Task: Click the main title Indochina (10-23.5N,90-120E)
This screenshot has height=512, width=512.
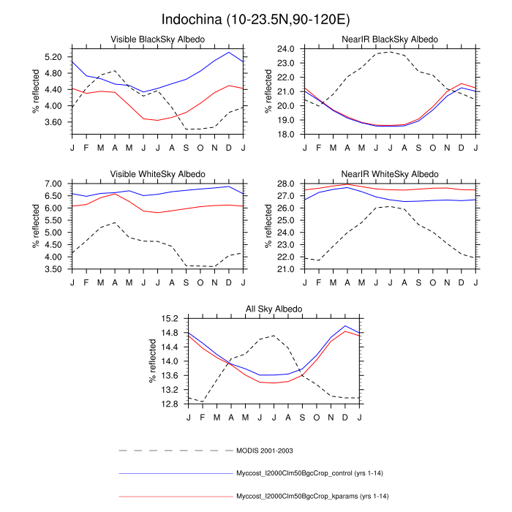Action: point(256,17)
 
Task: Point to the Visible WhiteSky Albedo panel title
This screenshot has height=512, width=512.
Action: point(157,174)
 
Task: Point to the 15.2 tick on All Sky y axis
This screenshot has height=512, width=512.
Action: point(170,319)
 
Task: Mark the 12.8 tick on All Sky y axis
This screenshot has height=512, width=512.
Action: point(170,404)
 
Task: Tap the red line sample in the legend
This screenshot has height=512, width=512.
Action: point(176,497)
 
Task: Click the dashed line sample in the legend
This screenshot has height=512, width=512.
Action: point(176,450)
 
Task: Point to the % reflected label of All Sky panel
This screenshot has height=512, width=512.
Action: point(154,362)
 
